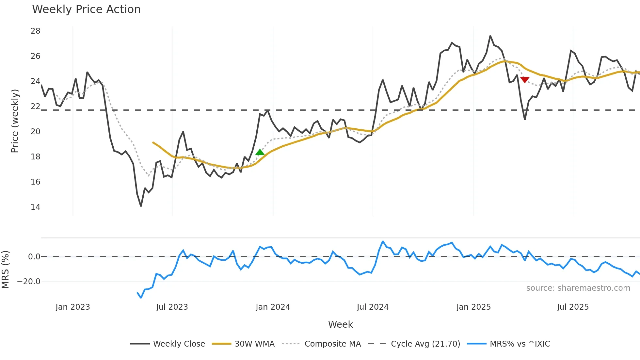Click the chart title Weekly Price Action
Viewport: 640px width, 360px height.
tap(86, 9)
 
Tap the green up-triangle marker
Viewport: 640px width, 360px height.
tap(260, 152)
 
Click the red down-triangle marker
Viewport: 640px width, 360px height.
tap(525, 80)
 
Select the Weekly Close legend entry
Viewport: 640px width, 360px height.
tap(168, 344)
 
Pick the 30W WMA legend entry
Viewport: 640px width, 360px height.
tap(243, 344)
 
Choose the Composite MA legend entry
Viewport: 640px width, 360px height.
tap(321, 344)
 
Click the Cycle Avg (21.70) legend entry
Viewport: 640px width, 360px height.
tap(414, 344)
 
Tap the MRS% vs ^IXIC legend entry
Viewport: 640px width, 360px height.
tap(508, 344)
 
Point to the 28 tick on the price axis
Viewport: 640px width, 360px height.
tap(36, 31)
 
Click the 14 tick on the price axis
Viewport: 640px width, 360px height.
tap(36, 207)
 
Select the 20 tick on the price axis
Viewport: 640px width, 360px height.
tap(36, 131)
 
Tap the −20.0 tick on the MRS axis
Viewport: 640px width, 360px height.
tap(29, 281)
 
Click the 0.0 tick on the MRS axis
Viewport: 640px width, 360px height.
tap(34, 257)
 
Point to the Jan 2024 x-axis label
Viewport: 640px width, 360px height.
tap(273, 307)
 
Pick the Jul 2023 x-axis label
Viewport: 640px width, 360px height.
tap(172, 307)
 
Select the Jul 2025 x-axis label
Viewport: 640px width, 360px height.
tap(573, 307)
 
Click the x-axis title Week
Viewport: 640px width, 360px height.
tap(340, 324)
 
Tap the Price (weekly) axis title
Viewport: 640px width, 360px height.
tap(15, 121)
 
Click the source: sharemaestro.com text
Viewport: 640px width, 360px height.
tap(578, 288)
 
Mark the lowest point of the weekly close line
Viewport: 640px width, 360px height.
tap(141, 206)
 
